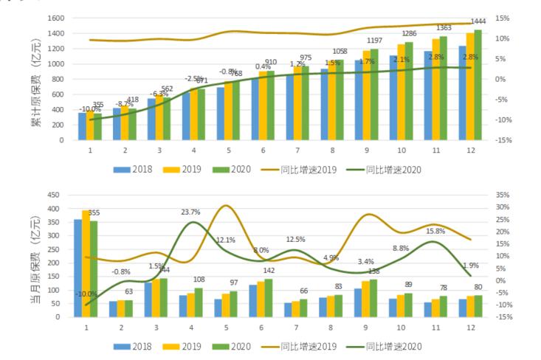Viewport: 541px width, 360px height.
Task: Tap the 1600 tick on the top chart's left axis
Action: coord(56,18)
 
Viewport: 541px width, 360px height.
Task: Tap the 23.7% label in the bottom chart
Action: coord(190,212)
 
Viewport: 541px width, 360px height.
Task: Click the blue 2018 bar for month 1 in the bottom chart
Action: coord(77,268)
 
